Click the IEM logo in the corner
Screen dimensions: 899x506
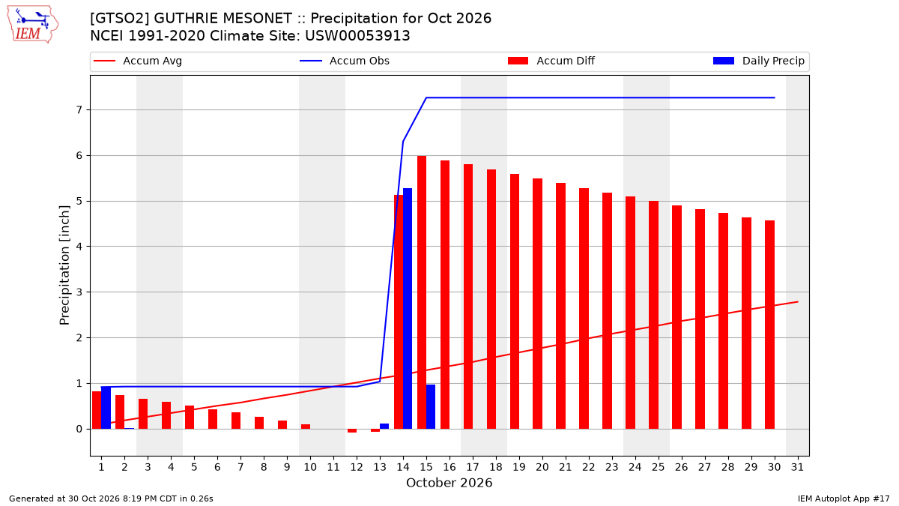tap(33, 25)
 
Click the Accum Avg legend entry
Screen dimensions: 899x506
tap(138, 61)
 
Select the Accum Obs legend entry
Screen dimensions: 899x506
tap(345, 61)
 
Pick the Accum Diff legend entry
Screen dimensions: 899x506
tap(551, 61)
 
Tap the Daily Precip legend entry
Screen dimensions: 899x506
tap(758, 61)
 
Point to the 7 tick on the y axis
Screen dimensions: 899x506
tap(79, 110)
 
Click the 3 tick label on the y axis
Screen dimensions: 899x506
tap(79, 292)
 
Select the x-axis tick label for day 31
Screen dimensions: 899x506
tap(797, 467)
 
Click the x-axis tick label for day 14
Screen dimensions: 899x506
tap(403, 467)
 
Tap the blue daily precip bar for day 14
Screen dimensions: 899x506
tap(408, 308)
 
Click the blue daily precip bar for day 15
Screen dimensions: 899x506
tap(431, 407)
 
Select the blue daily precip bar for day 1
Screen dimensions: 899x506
tap(106, 408)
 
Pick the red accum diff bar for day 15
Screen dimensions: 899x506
tap(421, 292)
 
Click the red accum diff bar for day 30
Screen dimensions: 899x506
tap(769, 325)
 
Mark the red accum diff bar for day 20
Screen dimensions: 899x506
tap(537, 304)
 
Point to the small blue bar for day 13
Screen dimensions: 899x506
tap(384, 426)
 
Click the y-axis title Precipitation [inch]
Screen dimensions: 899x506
tap(64, 265)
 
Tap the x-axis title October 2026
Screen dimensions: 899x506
tap(449, 483)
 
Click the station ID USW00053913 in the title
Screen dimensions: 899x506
tap(357, 36)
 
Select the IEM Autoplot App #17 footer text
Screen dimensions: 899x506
tap(844, 499)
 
